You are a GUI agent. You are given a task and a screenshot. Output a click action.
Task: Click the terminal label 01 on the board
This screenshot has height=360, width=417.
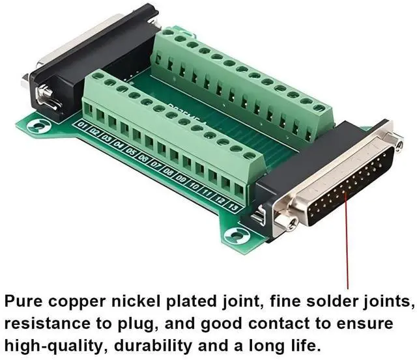tap(82, 124)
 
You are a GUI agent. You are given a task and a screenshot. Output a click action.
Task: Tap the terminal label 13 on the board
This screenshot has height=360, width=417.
tap(234, 207)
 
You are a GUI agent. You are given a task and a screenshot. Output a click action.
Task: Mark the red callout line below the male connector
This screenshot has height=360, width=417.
tap(347, 247)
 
